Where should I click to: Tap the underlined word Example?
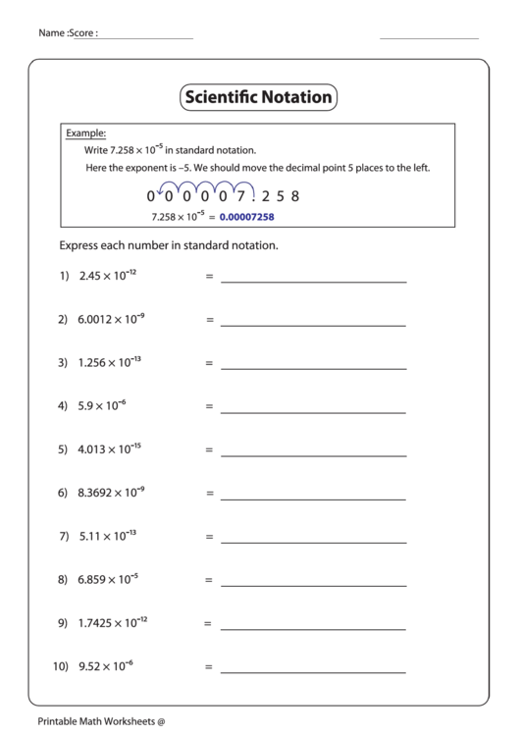[85, 132]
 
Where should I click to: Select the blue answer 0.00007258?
[246, 216]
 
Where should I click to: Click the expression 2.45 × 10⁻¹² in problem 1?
[107, 276]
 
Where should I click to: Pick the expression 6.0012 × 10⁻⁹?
[112, 319]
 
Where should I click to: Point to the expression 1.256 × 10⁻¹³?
[109, 362]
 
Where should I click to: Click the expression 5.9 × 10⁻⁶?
[102, 405]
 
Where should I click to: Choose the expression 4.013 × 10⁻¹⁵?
[109, 449]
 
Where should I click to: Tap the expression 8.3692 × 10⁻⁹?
[112, 493]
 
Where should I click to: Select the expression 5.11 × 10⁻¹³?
[107, 536]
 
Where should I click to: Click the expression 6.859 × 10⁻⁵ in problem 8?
[108, 580]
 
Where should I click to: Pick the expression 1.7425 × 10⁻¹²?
[113, 623]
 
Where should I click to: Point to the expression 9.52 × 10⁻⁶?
[105, 666]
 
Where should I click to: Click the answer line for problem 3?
[313, 369]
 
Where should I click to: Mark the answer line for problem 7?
[313, 543]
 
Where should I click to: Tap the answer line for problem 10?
[313, 673]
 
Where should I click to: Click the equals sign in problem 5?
[208, 450]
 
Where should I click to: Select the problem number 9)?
[63, 624]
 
